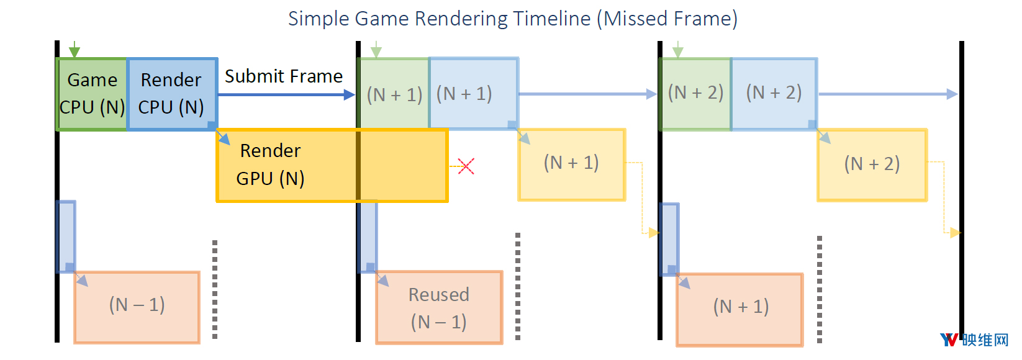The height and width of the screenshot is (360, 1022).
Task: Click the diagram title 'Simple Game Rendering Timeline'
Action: click(x=440, y=19)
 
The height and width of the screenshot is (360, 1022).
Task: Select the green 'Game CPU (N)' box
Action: click(x=92, y=94)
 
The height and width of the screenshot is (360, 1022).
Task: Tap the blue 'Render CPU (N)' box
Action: click(x=172, y=94)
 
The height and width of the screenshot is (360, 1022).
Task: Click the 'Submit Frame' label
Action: click(x=283, y=76)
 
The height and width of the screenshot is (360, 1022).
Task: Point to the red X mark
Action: click(x=466, y=166)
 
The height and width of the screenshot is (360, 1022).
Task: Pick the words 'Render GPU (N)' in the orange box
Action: click(x=270, y=164)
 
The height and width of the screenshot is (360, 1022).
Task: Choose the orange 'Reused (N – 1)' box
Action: click(x=439, y=307)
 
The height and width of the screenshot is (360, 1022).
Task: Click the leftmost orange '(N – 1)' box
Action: click(x=137, y=307)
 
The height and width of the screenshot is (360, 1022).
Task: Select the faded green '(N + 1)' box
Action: click(x=394, y=94)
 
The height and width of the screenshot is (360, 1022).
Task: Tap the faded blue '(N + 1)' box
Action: click(x=474, y=94)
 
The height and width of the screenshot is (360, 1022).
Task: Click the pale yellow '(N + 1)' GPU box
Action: click(x=572, y=164)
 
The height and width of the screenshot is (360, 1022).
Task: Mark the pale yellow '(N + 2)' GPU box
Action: click(x=872, y=164)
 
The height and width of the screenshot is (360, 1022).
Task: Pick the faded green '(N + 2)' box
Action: click(x=695, y=94)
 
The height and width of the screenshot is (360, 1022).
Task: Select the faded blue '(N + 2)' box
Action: click(x=774, y=94)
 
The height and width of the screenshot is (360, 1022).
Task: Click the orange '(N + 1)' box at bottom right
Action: click(x=739, y=310)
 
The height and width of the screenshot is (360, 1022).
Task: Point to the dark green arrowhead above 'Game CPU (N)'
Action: click(x=75, y=52)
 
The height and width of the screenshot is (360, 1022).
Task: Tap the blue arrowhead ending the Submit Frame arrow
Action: click(x=350, y=95)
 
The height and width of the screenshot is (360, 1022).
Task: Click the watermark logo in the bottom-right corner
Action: click(x=974, y=340)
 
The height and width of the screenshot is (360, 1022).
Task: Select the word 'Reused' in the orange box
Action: click(x=439, y=295)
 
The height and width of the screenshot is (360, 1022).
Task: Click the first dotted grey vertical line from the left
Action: click(x=215, y=290)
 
